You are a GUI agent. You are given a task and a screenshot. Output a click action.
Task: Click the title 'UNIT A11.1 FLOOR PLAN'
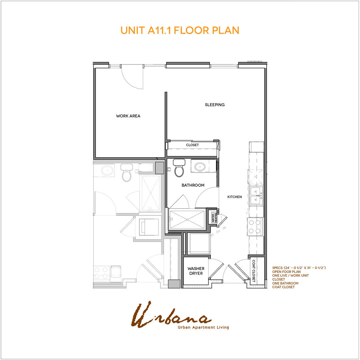coord(180,30)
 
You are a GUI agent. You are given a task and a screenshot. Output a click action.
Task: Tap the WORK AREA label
coord(128,116)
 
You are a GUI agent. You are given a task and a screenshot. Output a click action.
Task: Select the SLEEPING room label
coord(214,105)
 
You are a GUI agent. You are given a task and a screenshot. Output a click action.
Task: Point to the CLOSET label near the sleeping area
coord(192,145)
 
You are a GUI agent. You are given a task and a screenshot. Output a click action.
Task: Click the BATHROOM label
coord(193,185)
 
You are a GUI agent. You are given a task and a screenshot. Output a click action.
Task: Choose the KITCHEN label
coord(234,197)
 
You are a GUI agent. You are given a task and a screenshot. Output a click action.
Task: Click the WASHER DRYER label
coord(196,271)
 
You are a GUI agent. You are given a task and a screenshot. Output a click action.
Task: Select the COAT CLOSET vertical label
coord(254,271)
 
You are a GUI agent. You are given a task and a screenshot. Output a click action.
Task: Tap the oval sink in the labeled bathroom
coord(200,166)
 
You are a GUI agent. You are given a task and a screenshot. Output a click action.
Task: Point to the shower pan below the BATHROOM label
coord(187,219)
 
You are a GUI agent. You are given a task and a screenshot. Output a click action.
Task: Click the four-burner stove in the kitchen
coord(255,226)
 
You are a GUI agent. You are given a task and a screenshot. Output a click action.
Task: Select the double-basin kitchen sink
coord(256,195)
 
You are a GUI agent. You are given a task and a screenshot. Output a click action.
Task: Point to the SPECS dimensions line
coord(299,268)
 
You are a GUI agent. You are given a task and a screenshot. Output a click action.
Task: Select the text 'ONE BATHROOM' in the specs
coord(285,283)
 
